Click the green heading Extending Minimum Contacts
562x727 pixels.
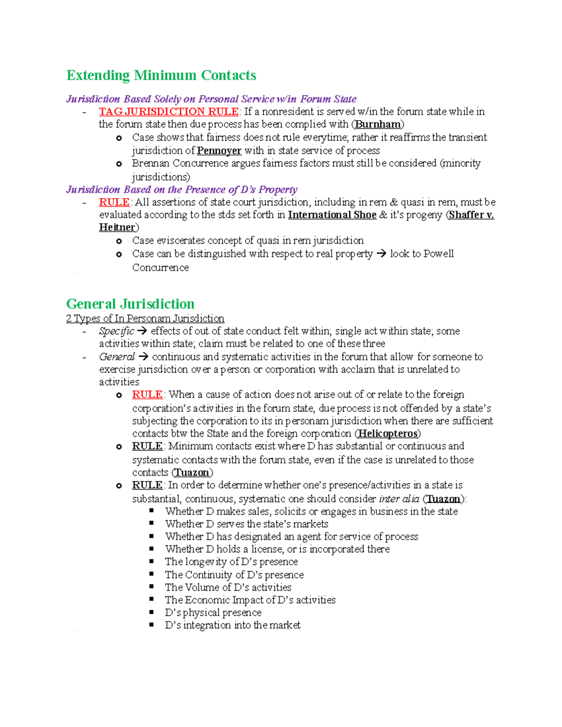161,75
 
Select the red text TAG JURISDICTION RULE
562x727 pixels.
169,111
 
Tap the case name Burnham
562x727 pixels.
377,124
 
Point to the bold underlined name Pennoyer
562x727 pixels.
219,151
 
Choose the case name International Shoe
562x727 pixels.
332,215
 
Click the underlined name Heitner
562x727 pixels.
117,228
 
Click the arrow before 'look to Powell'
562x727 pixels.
381,254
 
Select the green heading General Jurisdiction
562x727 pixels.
130,304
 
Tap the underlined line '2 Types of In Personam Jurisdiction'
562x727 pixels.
145,319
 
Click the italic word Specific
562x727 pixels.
116,331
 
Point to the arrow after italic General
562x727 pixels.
143,357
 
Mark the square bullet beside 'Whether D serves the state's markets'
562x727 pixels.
152,523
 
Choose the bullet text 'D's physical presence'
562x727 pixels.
213,613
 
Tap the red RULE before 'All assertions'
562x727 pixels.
114,202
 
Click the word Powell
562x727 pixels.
438,254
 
